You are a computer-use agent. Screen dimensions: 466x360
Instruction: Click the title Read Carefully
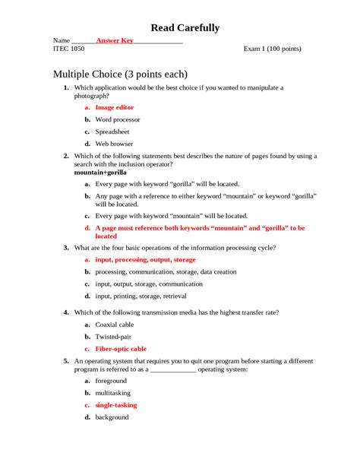[185, 28]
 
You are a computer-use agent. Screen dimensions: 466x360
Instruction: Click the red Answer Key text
[115, 40]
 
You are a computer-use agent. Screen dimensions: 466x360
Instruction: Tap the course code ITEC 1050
[69, 49]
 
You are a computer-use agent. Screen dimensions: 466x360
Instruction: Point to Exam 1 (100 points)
[272, 49]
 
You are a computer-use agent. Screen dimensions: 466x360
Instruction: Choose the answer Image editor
[114, 108]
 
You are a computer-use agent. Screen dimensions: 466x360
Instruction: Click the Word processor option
[118, 119]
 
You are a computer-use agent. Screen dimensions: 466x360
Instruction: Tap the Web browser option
[114, 143]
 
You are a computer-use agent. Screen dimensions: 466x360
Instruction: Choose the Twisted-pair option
[114, 336]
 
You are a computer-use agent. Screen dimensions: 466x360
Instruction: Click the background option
[112, 417]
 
